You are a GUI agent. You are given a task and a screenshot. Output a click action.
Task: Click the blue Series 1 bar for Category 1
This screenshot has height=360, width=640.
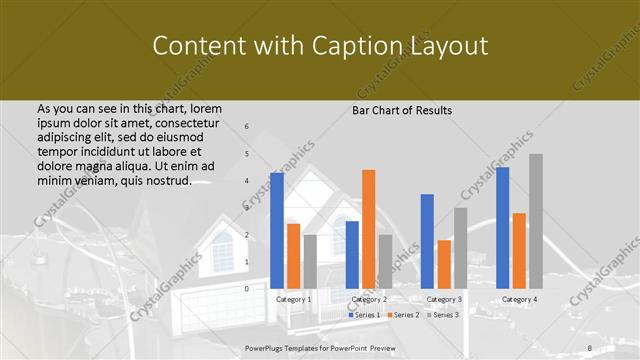pos(277,230)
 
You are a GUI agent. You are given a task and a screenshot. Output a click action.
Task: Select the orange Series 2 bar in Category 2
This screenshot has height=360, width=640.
pos(368,229)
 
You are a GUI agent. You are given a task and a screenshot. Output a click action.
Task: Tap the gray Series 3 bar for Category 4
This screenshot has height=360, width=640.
pos(536,221)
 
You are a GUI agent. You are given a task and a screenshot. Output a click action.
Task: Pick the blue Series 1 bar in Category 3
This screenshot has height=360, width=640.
pos(427,241)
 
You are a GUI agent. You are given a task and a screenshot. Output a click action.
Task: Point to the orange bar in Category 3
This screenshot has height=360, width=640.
pos(444,264)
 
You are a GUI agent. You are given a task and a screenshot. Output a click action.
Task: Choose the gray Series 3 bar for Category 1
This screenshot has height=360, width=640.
pos(310,261)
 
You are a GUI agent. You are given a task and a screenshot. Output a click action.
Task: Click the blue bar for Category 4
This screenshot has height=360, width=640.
pos(502,227)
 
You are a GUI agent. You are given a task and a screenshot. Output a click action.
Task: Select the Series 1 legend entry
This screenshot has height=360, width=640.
pos(364,315)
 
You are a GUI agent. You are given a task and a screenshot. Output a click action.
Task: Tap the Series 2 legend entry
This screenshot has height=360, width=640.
pos(403,315)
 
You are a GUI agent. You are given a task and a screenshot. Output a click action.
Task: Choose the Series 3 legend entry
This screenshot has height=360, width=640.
pos(443,315)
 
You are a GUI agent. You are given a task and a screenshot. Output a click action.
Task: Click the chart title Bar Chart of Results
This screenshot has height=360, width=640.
pos(402,110)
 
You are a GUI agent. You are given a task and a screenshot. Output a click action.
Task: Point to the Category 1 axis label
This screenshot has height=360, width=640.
pos(294,299)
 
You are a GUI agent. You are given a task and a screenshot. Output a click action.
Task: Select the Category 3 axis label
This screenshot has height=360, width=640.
pos(444,299)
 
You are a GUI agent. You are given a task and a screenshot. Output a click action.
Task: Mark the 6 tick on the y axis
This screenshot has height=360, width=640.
pos(247,126)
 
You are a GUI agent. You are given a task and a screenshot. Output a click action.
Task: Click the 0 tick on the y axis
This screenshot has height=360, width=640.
pos(247,288)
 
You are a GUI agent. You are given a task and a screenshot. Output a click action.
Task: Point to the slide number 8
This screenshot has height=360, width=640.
pos(590,347)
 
